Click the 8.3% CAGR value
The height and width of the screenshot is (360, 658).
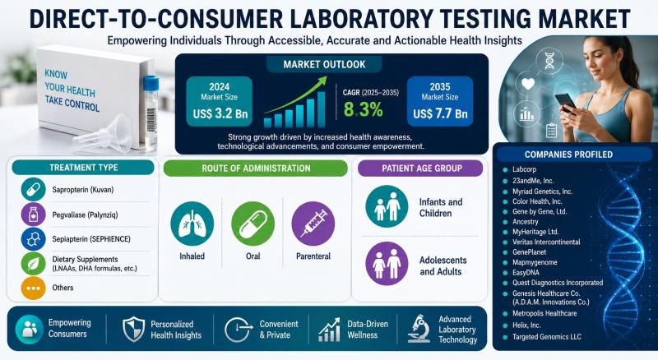pos(363,109)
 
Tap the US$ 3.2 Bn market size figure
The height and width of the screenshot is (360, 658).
pos(220,113)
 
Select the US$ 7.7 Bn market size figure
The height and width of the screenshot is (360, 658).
pos(440,113)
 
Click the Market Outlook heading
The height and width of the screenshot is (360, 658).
pos(324,65)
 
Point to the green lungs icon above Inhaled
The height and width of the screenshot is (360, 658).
pos(192,224)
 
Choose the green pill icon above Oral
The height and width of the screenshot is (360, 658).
pos(253,224)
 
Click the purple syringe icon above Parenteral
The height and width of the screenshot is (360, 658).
pos(313,224)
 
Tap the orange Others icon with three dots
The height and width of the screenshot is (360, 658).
pos(33,288)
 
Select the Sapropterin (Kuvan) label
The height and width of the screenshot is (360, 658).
pos(83,190)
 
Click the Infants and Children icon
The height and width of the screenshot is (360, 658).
pos(387,206)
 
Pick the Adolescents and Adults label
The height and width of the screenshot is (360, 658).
pos(443,266)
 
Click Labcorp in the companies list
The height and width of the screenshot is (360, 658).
pos(524,169)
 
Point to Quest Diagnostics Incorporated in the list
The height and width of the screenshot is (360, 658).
pos(558,283)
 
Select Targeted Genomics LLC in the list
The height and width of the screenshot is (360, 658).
pos(547,336)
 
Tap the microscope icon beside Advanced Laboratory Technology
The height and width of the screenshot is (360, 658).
pos(419,329)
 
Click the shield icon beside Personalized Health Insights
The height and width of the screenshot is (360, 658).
pos(133,330)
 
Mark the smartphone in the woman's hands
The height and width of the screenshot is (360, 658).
pos(565,103)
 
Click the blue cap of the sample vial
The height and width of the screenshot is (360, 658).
pos(151,83)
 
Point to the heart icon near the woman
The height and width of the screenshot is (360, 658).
pos(527,85)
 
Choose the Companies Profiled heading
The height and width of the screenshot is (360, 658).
pos(568,155)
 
